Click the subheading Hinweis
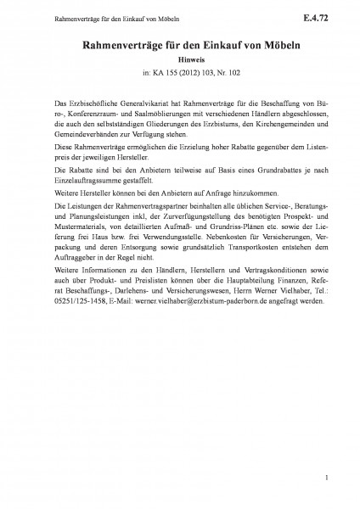coord(179,60)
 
